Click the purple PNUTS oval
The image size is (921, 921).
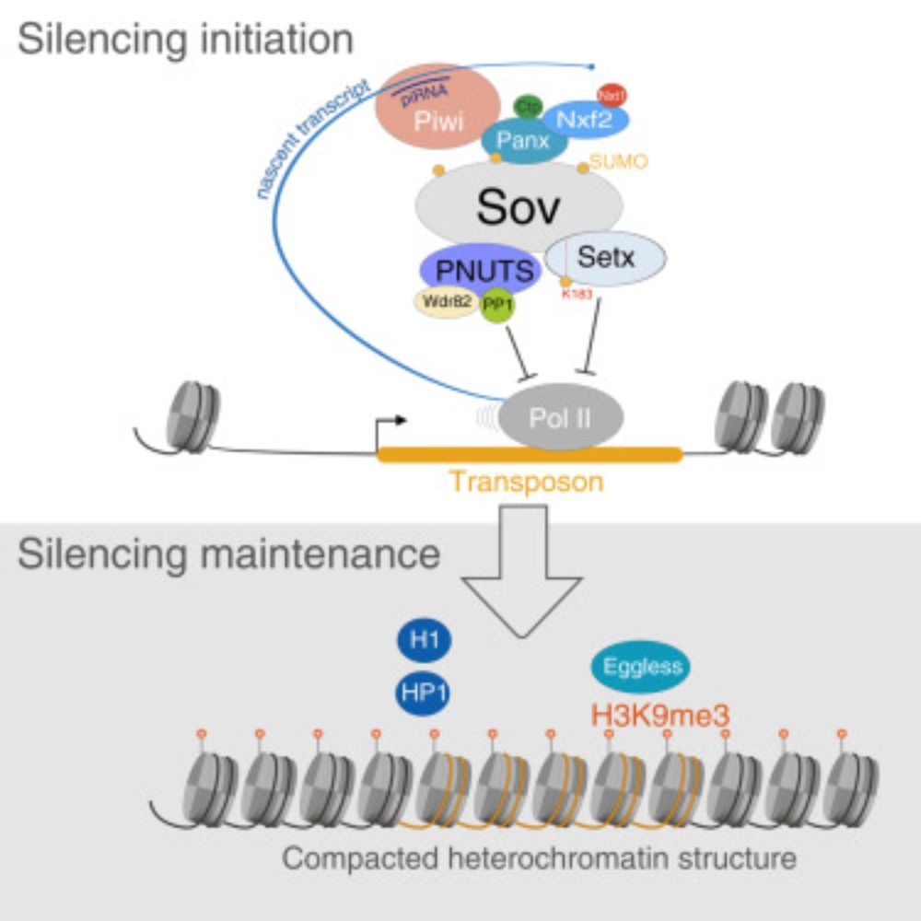[478, 270]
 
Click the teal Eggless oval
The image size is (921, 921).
[641, 666]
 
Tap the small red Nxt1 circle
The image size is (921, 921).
[610, 94]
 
